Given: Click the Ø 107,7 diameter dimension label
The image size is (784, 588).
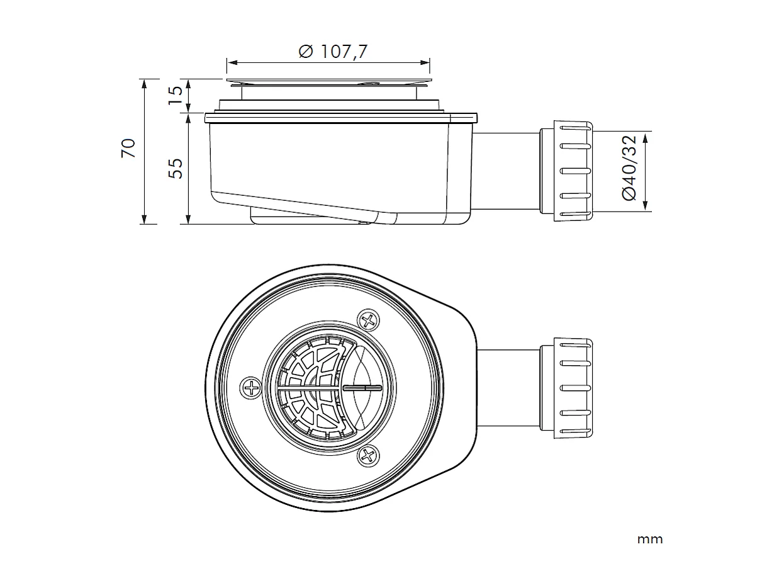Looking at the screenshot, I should (x=333, y=52).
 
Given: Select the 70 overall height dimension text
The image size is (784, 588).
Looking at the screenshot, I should (x=128, y=148).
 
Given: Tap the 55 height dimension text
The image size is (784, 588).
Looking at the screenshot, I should (x=177, y=167).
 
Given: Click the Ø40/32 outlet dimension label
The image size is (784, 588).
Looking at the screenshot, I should (x=629, y=167).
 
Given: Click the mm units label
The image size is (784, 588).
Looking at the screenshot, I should (x=649, y=540).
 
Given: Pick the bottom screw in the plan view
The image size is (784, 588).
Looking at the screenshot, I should (x=367, y=455).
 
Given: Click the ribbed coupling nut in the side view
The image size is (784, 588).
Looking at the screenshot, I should (x=573, y=171).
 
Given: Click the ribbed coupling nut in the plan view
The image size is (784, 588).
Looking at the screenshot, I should (x=573, y=388).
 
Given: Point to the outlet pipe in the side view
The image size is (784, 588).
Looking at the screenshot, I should (x=506, y=171).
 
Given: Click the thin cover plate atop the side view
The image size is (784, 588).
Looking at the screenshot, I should (x=328, y=81).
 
